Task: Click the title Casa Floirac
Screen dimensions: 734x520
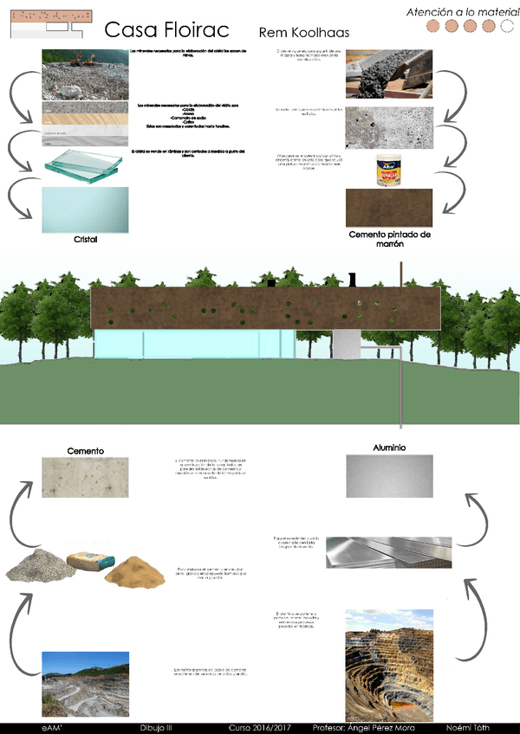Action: [x=166, y=31]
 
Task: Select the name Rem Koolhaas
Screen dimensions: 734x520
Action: [x=303, y=33]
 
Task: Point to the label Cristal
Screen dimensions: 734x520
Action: [x=85, y=240]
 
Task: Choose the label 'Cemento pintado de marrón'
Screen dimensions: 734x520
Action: [x=389, y=239]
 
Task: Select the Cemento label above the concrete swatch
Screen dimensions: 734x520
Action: [x=86, y=451]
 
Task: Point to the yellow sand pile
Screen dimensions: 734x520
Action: [x=139, y=569]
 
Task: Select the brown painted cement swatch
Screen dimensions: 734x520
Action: [x=388, y=209]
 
